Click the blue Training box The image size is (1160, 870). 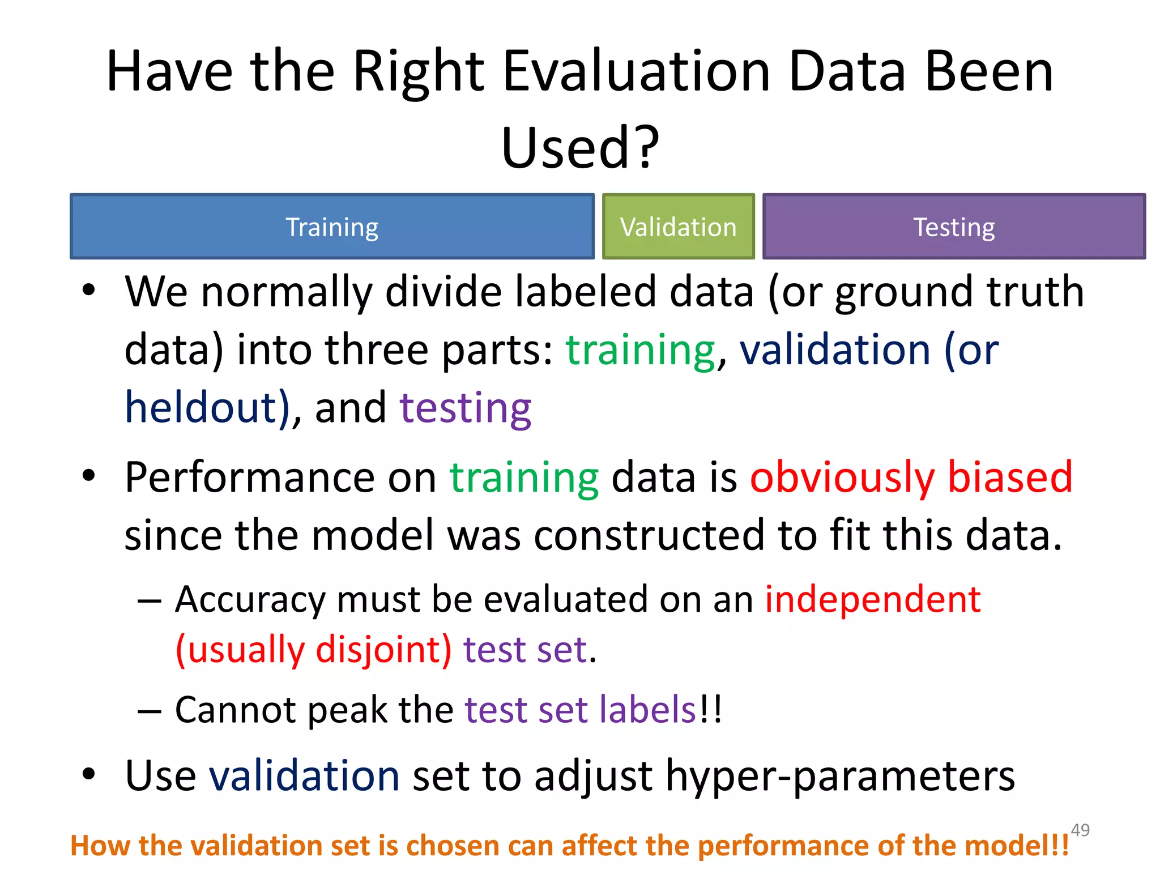pyautogui.click(x=332, y=227)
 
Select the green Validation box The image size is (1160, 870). pyautogui.click(x=678, y=227)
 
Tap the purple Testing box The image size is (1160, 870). pyautogui.click(x=954, y=227)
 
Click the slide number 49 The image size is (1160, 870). pyautogui.click(x=1080, y=830)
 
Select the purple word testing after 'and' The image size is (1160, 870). pyautogui.click(x=465, y=408)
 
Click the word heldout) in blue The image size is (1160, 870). pyautogui.click(x=207, y=408)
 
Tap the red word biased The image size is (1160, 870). pyautogui.click(x=1010, y=477)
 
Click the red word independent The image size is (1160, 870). pyautogui.click(x=873, y=599)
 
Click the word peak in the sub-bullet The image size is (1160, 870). pyautogui.click(x=347, y=710)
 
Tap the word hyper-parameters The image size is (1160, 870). pyautogui.click(x=840, y=776)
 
